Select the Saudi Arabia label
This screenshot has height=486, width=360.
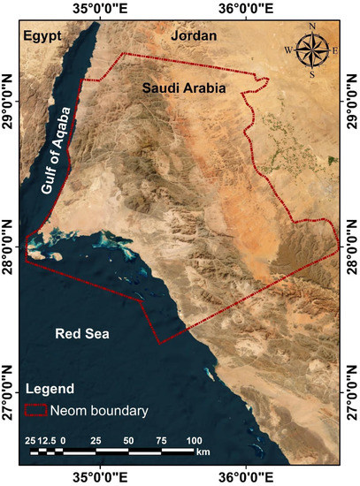(x=184, y=89)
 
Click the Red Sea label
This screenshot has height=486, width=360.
(x=80, y=334)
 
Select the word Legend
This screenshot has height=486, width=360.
(x=50, y=389)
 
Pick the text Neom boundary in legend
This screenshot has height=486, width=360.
(x=98, y=411)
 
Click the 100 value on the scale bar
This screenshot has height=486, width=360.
(x=195, y=440)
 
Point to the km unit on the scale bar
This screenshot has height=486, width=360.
(x=203, y=452)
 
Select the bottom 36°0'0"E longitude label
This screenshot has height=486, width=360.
(x=244, y=476)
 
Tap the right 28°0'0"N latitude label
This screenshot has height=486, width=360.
(x=352, y=245)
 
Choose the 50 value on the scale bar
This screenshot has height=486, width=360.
(x=129, y=440)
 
